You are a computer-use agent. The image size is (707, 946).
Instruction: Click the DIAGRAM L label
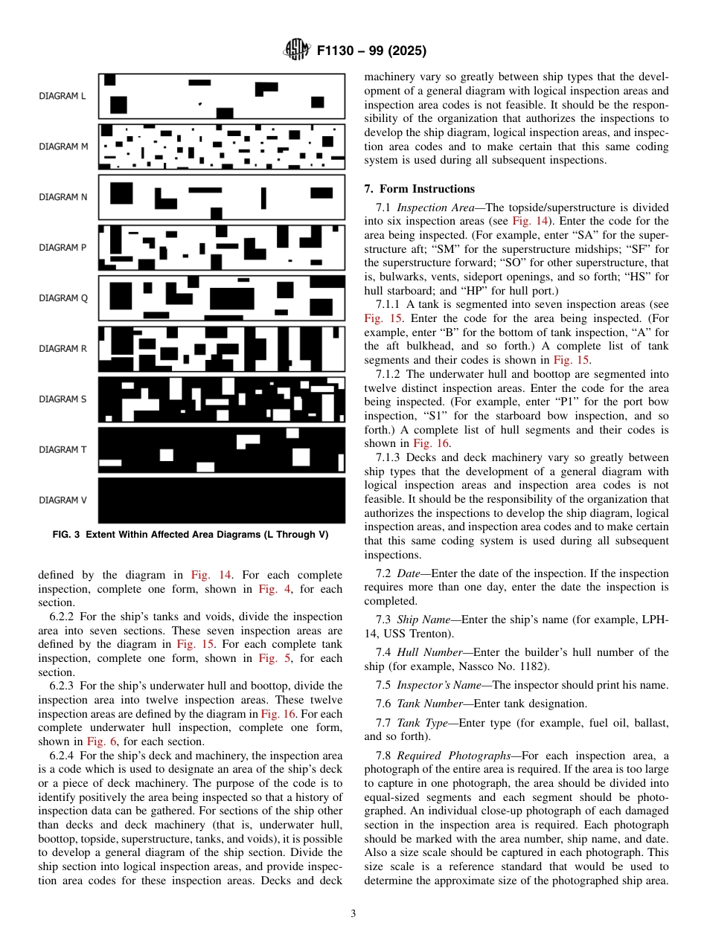click(x=63, y=96)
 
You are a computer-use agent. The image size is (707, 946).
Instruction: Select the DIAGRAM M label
click(x=63, y=147)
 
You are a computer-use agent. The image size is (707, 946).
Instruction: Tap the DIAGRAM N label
click(x=63, y=197)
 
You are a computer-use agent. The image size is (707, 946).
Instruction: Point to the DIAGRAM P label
click(x=63, y=248)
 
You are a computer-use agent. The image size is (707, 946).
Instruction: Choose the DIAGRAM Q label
click(x=63, y=298)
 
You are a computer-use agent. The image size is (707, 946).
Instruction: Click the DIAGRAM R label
click(x=63, y=349)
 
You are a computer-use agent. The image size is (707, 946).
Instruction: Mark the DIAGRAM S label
click(x=63, y=399)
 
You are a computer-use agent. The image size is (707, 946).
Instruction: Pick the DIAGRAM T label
click(x=63, y=450)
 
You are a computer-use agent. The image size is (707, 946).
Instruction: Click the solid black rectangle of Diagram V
click(x=222, y=501)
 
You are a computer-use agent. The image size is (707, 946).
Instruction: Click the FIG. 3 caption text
click(x=191, y=535)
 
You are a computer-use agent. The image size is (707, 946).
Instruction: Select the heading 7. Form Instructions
click(x=419, y=189)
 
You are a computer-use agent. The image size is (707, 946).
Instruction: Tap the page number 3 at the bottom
click(x=353, y=914)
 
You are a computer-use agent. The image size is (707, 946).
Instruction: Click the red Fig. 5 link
click(x=269, y=658)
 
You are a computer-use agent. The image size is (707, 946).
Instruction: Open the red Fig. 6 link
click(x=98, y=741)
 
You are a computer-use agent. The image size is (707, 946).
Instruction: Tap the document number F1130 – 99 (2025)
click(x=371, y=51)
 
